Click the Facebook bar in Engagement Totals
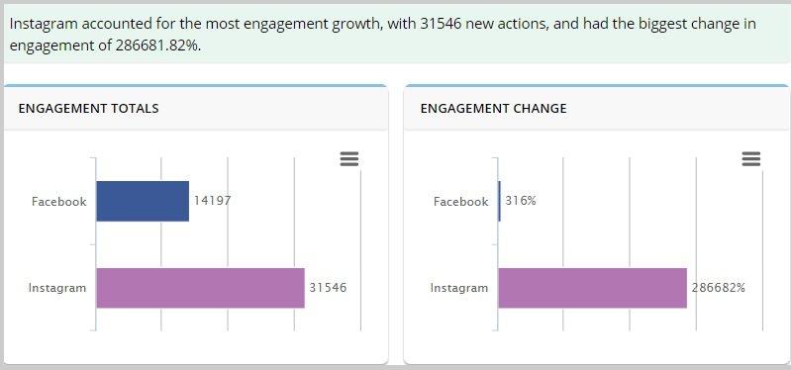(142, 201)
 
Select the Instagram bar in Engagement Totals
(200, 288)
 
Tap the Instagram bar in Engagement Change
(592, 288)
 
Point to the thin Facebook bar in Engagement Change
(499, 201)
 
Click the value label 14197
(212, 201)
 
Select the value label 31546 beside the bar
(328, 288)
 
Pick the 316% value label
(521, 201)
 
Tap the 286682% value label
(719, 288)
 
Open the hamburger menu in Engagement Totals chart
(348, 159)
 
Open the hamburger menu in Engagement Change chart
(750, 159)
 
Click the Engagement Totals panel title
(88, 109)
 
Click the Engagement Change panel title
(493, 109)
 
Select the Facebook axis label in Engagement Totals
(58, 202)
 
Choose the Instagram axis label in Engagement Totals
(57, 289)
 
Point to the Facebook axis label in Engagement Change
(460, 202)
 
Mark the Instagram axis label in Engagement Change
(459, 289)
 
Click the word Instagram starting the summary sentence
(43, 24)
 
